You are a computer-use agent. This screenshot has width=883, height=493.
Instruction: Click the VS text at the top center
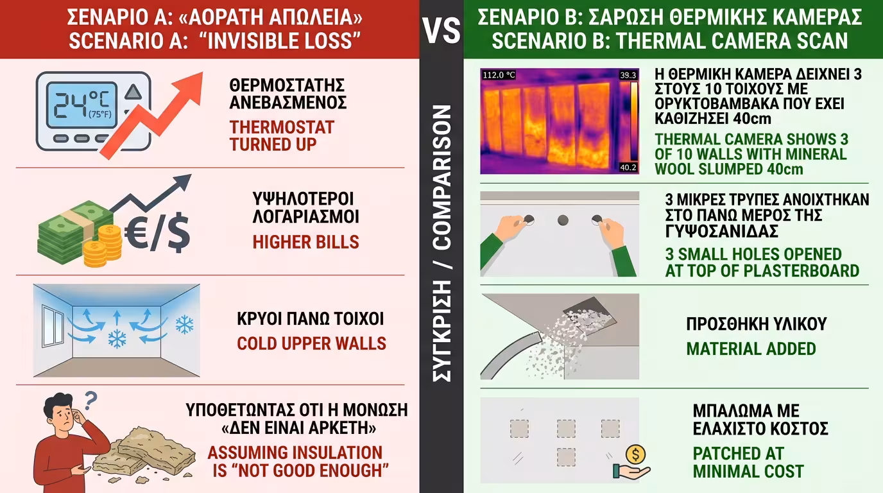pyautogui.click(x=441, y=30)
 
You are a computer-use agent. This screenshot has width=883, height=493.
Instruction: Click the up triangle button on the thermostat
pyautogui.click(x=133, y=92)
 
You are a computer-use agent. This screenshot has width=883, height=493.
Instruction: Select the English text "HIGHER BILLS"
pyautogui.click(x=305, y=242)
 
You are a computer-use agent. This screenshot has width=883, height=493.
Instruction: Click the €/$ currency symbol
pyautogui.click(x=158, y=236)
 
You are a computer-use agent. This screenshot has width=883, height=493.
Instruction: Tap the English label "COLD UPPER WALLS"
pyautogui.click(x=311, y=343)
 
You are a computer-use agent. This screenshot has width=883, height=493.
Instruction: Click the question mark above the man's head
pyautogui.click(x=89, y=401)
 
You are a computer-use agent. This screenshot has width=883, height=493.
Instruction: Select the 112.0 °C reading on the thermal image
pyautogui.click(x=498, y=74)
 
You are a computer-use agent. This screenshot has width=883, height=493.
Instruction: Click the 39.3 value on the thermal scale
pyautogui.click(x=628, y=75)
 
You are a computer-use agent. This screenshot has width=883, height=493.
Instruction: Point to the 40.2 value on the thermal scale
pyautogui.click(x=628, y=168)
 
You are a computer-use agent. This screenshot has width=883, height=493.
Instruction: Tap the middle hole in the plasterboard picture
pyautogui.click(x=563, y=221)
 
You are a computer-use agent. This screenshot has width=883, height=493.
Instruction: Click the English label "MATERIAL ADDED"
pyautogui.click(x=751, y=349)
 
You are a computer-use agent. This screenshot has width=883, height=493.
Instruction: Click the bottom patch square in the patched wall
pyautogui.click(x=566, y=456)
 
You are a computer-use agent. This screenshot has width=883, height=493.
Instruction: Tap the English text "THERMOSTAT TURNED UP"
pyautogui.click(x=282, y=135)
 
